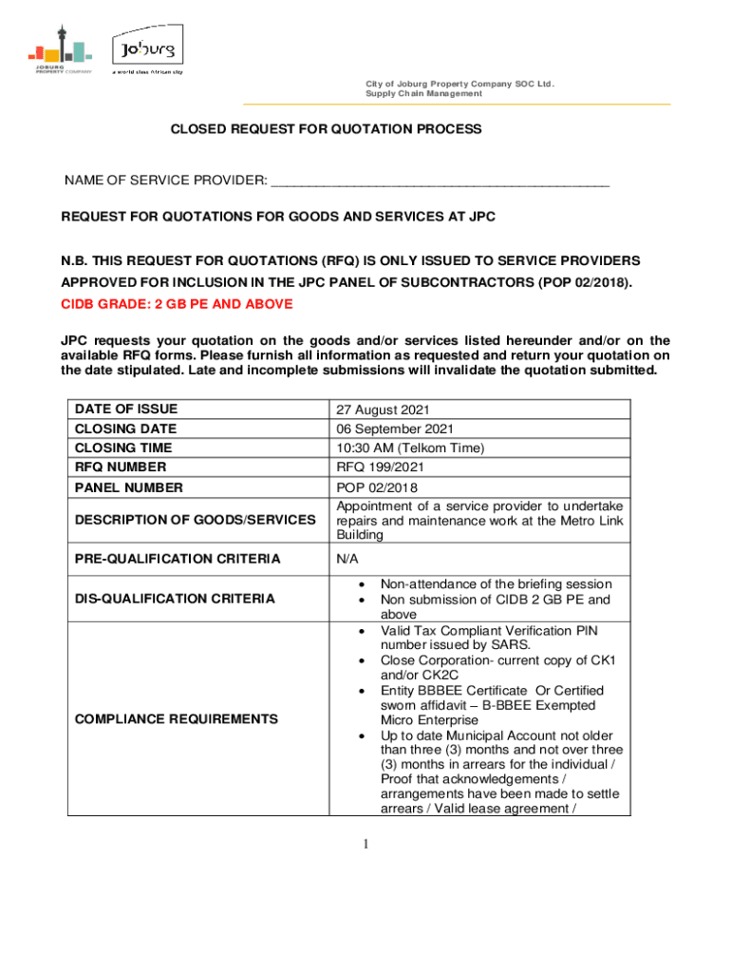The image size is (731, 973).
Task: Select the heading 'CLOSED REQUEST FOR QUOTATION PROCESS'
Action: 326,128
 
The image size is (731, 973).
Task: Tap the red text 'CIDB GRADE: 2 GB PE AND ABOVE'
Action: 178,304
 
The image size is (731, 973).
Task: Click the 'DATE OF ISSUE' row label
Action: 126,410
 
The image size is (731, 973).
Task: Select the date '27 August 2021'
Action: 384,410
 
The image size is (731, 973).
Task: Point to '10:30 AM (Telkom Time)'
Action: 410,448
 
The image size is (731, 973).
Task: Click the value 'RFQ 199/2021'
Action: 380,467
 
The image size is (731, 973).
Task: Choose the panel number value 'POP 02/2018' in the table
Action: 377,487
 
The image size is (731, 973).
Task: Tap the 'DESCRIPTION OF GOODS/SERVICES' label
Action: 196,520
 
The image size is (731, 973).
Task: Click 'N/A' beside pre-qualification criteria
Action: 347,559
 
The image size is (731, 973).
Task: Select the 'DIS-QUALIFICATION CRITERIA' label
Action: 175,599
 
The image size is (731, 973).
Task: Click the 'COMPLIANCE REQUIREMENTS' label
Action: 177,719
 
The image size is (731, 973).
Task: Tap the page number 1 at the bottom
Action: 365,845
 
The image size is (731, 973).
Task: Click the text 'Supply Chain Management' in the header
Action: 423,93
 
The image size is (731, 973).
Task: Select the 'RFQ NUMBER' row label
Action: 121,467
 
